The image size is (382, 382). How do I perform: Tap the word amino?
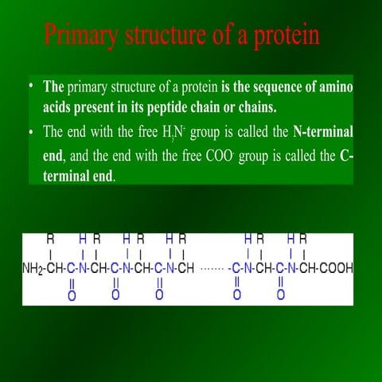(x=335, y=87)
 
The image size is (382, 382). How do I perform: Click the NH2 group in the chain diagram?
(x=32, y=267)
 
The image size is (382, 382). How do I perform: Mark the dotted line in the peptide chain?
(x=210, y=268)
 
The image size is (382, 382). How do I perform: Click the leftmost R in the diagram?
(x=51, y=238)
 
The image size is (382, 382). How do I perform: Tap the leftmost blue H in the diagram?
(x=83, y=238)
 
